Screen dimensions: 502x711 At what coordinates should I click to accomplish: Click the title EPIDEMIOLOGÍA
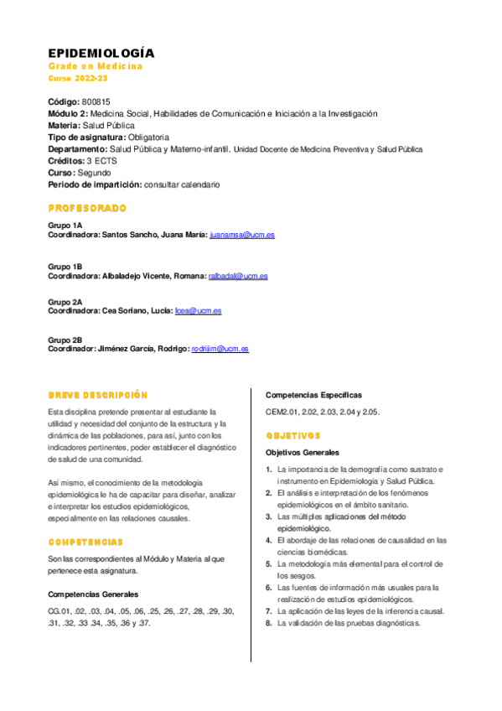click(x=101, y=53)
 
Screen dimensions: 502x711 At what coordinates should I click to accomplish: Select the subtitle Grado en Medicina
click(x=95, y=66)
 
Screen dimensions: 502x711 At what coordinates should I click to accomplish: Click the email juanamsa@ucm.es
click(x=241, y=236)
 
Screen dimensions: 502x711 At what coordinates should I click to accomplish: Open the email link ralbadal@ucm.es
click(x=238, y=276)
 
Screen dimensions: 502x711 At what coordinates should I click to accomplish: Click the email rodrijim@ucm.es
click(x=220, y=349)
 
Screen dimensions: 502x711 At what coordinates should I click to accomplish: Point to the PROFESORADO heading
click(x=87, y=207)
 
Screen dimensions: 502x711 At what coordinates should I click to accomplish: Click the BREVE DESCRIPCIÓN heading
click(x=97, y=394)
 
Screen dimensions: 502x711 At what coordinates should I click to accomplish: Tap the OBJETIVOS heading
click(x=293, y=436)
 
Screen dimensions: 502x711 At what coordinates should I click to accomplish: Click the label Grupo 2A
click(x=65, y=301)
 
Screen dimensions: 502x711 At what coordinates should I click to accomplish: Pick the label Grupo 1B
click(x=65, y=266)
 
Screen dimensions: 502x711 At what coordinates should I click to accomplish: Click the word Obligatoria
click(x=149, y=137)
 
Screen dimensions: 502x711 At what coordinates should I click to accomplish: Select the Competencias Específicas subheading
click(x=314, y=394)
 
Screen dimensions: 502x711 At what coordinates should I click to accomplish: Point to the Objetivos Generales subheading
click(x=303, y=453)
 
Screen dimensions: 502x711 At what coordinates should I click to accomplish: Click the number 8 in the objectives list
click(x=269, y=624)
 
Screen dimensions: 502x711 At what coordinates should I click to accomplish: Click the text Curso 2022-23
click(x=78, y=78)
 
